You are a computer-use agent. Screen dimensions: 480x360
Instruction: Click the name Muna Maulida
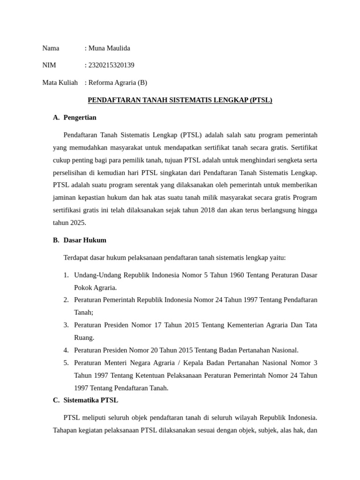point(109,48)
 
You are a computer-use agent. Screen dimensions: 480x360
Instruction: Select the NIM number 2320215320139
point(111,65)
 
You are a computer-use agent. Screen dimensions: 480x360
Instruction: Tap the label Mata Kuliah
point(60,82)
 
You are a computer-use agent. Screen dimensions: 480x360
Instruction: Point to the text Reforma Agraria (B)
point(118,82)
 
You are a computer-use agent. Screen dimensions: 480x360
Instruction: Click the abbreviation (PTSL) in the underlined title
point(261,100)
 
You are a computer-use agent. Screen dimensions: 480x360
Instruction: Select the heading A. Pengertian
point(75,117)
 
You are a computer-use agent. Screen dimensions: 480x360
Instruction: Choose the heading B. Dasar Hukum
point(80,240)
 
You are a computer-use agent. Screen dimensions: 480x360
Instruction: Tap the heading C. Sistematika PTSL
point(85,400)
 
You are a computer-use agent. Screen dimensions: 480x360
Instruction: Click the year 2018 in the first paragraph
point(208,210)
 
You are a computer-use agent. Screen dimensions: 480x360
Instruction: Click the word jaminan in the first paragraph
point(66,197)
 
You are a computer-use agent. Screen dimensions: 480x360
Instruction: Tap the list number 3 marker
point(66,325)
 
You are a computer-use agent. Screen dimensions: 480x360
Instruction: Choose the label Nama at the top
point(51,48)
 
